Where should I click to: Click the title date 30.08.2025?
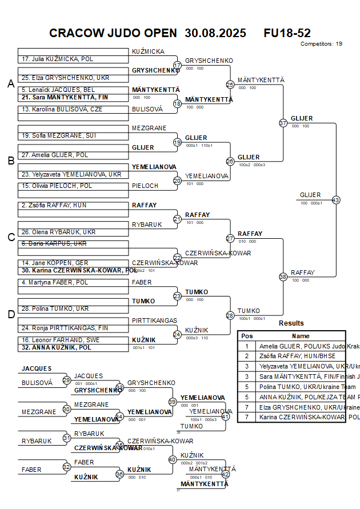point(215,33)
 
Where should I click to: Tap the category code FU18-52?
point(287,33)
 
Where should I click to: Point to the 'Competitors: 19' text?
point(321,43)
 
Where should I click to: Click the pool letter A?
point(10,84)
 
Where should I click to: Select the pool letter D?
point(10,314)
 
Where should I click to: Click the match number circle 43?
point(336,200)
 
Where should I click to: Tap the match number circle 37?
point(283,123)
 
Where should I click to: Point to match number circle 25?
point(230,85)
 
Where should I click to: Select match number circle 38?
point(283,276)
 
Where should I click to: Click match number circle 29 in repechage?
point(67,380)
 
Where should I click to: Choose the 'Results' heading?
point(291,323)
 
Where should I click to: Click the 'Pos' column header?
point(247,336)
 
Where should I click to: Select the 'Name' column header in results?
point(301,336)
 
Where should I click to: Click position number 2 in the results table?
point(247,355)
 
